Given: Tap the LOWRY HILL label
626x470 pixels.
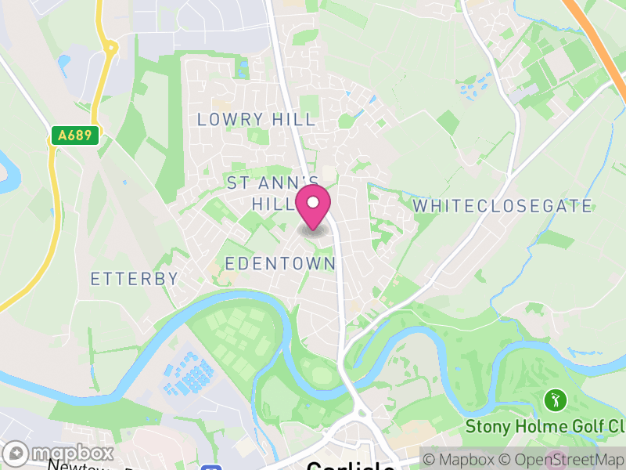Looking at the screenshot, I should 257,120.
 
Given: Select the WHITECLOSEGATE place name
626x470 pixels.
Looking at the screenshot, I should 502,206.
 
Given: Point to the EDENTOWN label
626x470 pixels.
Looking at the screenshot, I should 280,263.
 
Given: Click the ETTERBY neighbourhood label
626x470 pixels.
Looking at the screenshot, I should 135,279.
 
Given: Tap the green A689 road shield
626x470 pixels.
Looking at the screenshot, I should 75,136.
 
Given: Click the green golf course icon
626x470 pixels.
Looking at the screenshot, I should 556,400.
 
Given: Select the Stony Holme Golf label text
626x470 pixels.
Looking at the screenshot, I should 545,427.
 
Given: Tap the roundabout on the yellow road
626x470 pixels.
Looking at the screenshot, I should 110,48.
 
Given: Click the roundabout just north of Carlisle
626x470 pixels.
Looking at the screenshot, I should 361,410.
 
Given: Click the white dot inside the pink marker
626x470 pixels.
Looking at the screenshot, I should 313,203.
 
